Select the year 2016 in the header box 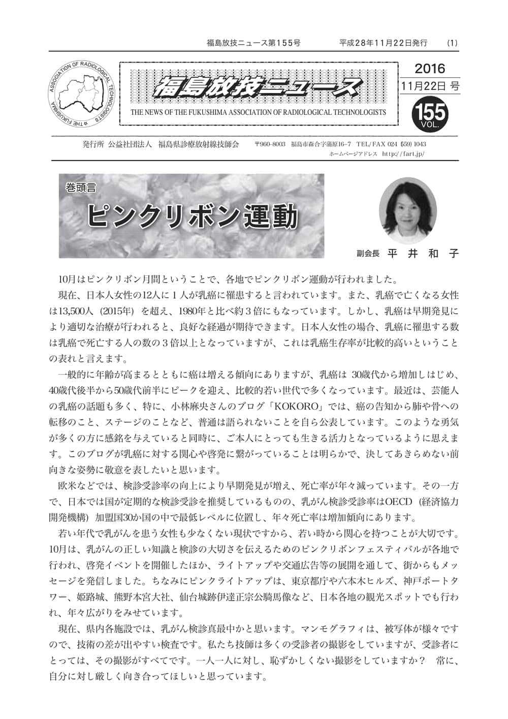[x=429, y=68]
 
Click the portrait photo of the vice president [x=408, y=210]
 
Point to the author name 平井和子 [x=423, y=254]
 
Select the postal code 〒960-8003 [x=270, y=144]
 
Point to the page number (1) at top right [x=452, y=43]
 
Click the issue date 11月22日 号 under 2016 [x=429, y=86]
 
